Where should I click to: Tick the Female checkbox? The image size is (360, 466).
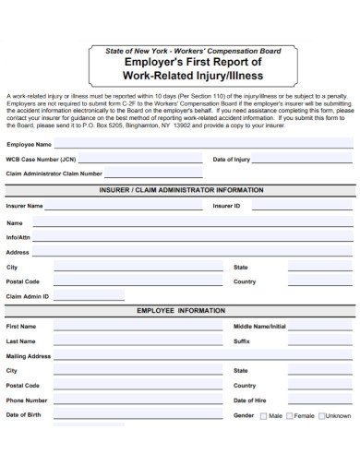[291, 416]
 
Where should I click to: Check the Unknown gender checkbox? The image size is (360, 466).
[321, 416]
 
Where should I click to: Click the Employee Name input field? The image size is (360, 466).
[203, 144]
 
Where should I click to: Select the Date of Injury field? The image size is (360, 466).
[305, 159]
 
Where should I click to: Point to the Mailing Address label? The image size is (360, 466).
[29, 355]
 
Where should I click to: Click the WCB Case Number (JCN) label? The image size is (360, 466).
[41, 160]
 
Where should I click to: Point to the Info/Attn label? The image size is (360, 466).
[19, 237]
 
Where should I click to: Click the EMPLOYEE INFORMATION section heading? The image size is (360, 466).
[181, 311]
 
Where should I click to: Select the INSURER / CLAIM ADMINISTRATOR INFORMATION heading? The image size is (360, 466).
[181, 189]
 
